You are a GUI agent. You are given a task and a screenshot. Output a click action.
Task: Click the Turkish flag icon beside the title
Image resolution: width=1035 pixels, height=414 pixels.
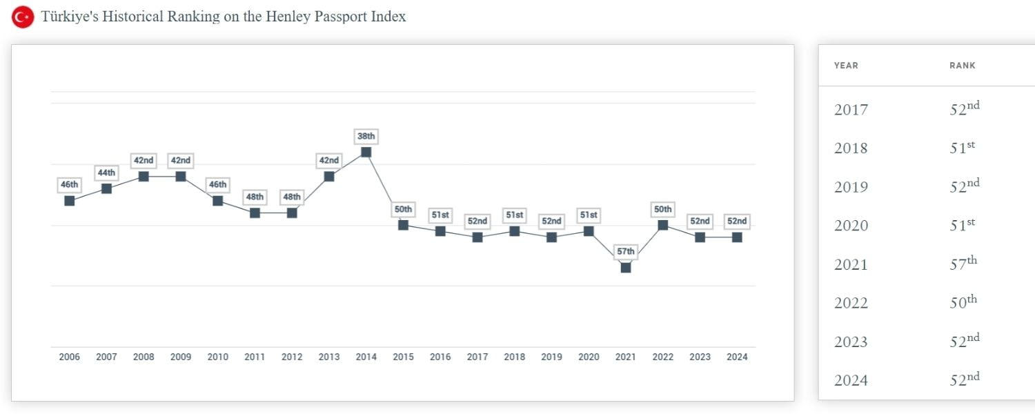[23, 17]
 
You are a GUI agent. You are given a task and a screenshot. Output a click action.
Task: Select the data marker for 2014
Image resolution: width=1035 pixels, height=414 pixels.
[366, 152]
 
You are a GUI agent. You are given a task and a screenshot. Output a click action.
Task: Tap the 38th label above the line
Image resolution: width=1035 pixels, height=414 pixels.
[366, 136]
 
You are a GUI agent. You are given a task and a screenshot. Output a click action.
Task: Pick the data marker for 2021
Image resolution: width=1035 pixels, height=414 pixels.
[626, 268]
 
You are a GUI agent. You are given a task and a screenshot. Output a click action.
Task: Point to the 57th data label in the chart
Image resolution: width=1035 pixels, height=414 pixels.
[626, 252]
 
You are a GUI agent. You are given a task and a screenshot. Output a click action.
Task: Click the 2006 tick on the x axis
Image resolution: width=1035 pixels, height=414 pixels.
[69, 357]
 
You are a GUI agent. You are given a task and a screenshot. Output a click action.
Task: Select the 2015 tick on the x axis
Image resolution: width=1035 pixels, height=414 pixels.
[403, 357]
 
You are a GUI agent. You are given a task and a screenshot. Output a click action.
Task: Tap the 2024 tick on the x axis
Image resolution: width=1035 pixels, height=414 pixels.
[737, 357]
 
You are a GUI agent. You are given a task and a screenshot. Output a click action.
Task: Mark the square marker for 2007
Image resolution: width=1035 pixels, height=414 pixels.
[106, 188]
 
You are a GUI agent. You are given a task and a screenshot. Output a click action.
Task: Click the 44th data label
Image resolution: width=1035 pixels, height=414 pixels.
[106, 172]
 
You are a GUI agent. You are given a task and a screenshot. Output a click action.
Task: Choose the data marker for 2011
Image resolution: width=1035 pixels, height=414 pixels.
[255, 213]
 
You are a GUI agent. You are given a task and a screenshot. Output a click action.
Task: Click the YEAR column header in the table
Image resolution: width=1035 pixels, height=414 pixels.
[846, 66]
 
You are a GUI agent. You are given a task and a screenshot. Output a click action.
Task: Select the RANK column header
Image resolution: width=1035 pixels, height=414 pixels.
[963, 66]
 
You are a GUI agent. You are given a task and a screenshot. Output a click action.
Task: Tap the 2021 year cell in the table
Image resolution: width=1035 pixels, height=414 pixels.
[851, 265]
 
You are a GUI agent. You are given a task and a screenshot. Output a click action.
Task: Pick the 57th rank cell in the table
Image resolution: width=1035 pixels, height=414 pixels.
[963, 263]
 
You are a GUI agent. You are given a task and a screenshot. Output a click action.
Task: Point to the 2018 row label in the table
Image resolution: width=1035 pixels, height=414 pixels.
[851, 148]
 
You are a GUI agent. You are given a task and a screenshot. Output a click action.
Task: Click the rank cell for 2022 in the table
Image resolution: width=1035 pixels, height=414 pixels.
[963, 302]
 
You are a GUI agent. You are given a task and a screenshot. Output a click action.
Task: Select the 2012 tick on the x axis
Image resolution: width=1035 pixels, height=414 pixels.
[292, 357]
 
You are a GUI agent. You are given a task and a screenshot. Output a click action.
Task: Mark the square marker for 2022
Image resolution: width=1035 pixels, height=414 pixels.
[663, 225]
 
